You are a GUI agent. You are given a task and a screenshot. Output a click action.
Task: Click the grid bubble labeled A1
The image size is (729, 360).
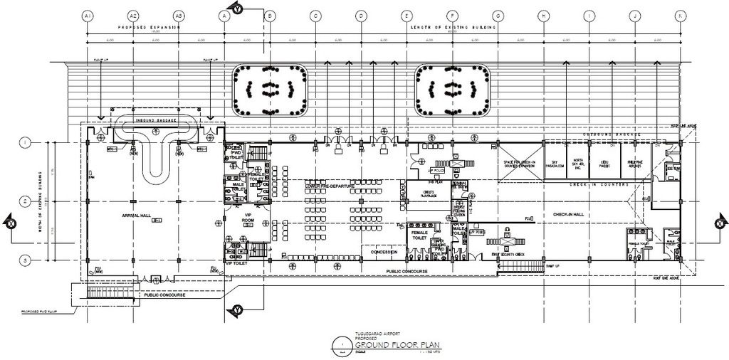88,15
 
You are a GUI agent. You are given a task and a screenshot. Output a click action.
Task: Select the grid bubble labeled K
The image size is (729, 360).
681,15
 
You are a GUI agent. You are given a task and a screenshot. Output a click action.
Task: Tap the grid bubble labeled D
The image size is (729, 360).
361,15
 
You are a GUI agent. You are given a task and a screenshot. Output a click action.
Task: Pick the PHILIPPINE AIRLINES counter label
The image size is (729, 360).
635,163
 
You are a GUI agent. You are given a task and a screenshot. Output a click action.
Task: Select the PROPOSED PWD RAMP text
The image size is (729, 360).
29,312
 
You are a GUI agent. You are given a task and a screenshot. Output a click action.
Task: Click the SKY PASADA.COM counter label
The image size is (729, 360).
555,163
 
